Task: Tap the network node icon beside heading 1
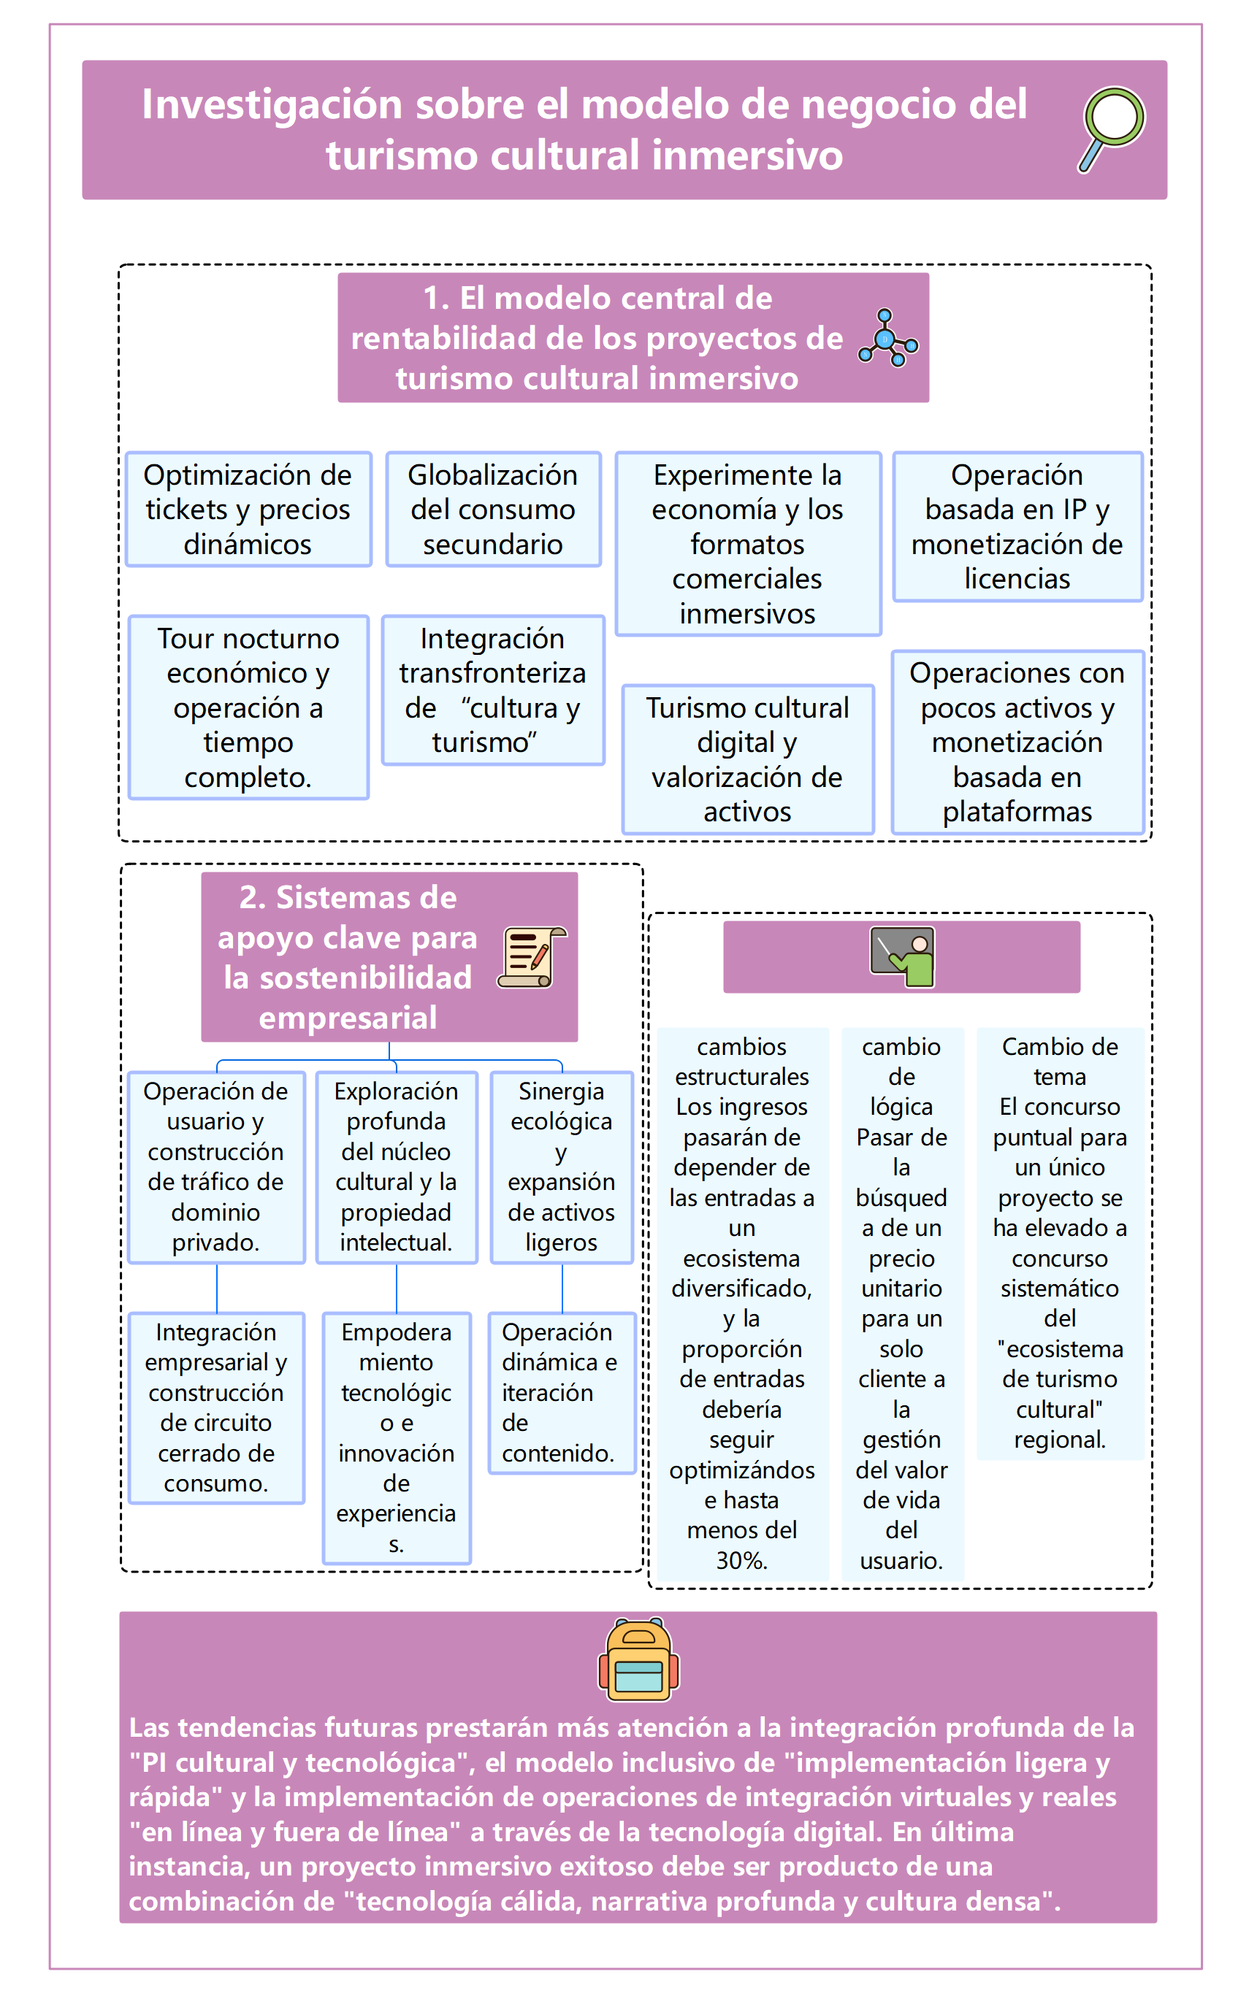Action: tap(887, 338)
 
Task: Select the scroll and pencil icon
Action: tap(532, 957)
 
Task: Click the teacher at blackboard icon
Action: tap(902, 957)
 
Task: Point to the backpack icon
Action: tap(638, 1659)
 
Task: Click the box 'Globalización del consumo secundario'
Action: tap(493, 510)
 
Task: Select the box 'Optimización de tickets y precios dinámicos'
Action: tap(248, 510)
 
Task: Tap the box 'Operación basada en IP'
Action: tap(1017, 527)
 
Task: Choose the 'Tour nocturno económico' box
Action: tap(248, 707)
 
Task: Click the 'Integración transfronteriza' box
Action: tap(493, 690)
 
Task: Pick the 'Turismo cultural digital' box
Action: tap(748, 759)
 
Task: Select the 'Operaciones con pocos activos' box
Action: tap(1017, 742)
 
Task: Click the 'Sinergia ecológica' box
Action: tap(562, 1167)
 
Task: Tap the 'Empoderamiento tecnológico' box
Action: tap(397, 1437)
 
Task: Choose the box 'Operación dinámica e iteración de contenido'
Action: tap(562, 1392)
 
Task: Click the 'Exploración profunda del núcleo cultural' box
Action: tap(397, 1167)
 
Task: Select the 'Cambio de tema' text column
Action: tap(1060, 1243)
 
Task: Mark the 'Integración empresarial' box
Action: tap(216, 1407)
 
